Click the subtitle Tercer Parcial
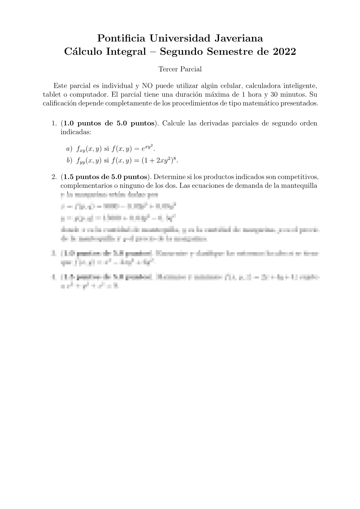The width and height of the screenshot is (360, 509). tap(180, 69)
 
